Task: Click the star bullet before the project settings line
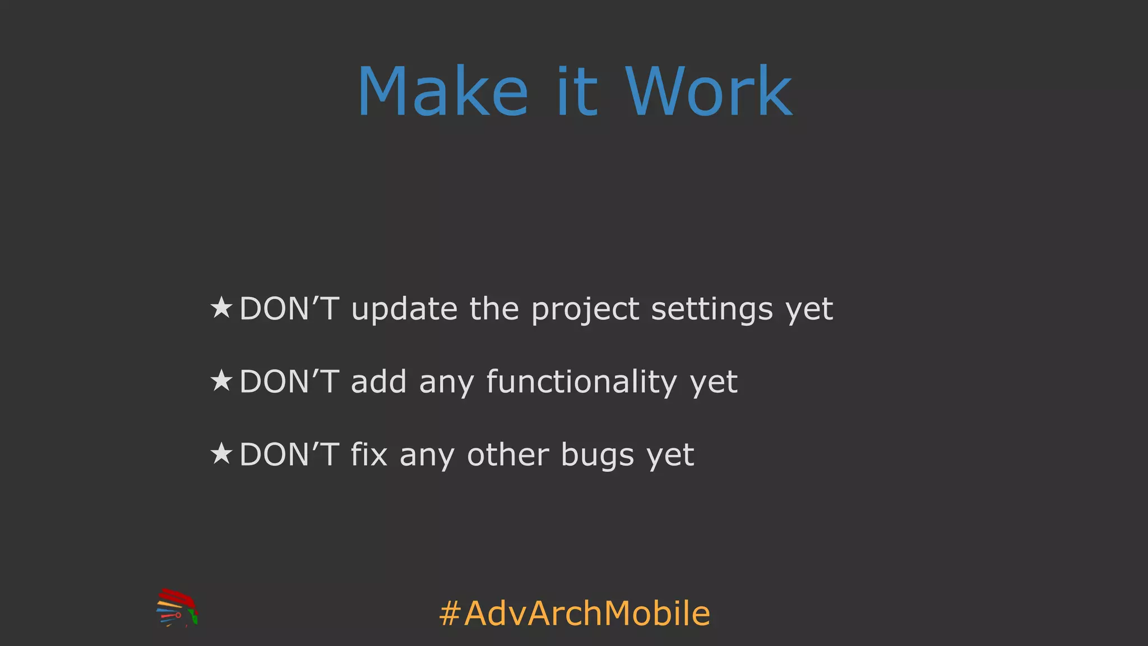(221, 308)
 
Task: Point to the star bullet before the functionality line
(221, 381)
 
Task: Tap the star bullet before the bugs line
(221, 454)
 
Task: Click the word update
(404, 309)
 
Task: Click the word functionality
(581, 382)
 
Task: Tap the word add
(378, 382)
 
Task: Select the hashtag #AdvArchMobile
(575, 613)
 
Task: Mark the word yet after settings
(809, 310)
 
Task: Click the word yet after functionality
(714, 383)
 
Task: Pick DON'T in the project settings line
(289, 309)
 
